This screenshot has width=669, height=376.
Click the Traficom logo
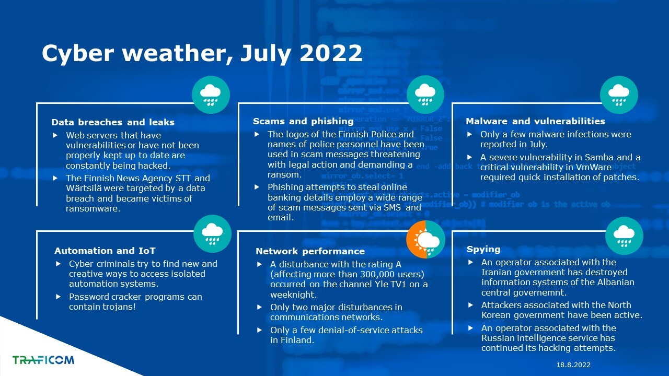tap(43, 360)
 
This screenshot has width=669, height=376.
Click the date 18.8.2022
tap(573, 365)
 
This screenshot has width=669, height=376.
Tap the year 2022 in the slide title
tap(331, 53)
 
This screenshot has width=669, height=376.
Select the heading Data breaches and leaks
tap(113, 122)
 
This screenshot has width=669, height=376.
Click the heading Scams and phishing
tap(303, 121)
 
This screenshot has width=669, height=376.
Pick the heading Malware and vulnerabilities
tap(536, 121)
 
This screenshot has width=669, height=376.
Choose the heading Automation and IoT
tap(105, 251)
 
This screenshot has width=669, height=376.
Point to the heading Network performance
tap(310, 251)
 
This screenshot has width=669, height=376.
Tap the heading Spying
tap(483, 250)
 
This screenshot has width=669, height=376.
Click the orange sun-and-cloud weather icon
tap(425, 239)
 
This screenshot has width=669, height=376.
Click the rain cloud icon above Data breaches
tap(211, 95)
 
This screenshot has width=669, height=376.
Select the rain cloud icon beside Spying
tap(624, 236)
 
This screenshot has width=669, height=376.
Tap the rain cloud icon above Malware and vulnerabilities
tap(619, 95)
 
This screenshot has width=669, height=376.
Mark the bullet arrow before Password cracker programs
tap(59, 297)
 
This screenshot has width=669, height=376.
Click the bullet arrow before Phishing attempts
tap(257, 187)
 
